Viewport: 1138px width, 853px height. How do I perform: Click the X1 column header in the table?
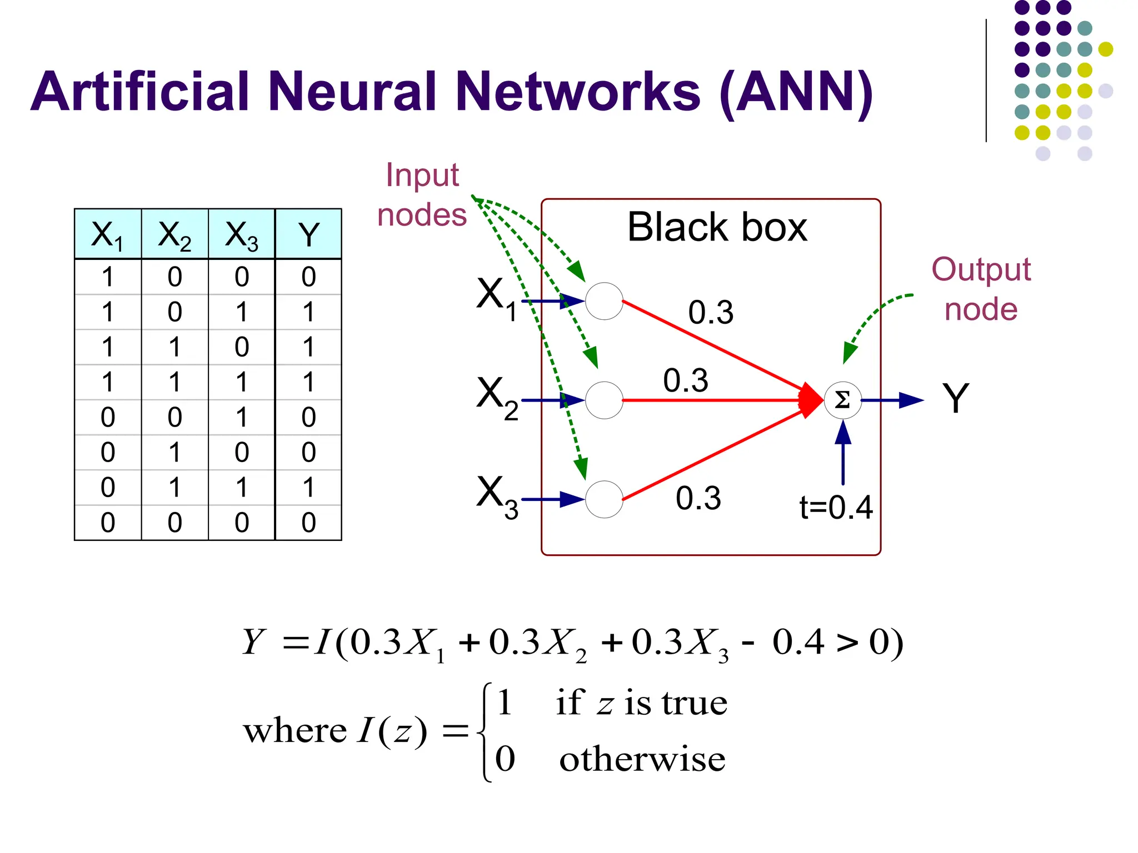(107, 234)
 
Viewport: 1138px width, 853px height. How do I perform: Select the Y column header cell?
(308, 234)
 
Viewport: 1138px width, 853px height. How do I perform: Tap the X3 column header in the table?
(241, 234)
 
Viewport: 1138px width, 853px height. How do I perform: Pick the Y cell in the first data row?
(308, 277)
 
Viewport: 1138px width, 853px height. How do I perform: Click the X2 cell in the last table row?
(174, 523)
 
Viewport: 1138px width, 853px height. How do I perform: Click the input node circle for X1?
(604, 301)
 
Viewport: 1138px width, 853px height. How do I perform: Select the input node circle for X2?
(604, 400)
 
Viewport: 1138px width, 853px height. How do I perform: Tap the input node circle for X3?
(604, 499)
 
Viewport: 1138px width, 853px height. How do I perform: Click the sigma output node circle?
(842, 400)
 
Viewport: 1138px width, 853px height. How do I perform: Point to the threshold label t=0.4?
(836, 507)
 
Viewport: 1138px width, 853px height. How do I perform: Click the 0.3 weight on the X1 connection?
(711, 312)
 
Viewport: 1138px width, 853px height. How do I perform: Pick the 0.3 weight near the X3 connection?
(698, 498)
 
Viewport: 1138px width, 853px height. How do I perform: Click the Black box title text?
(717, 227)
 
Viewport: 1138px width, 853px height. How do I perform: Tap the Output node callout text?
(981, 289)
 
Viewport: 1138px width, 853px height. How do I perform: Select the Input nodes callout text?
(422, 194)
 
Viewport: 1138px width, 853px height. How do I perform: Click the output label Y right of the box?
(956, 399)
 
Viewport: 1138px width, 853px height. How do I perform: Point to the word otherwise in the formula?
(642, 759)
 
